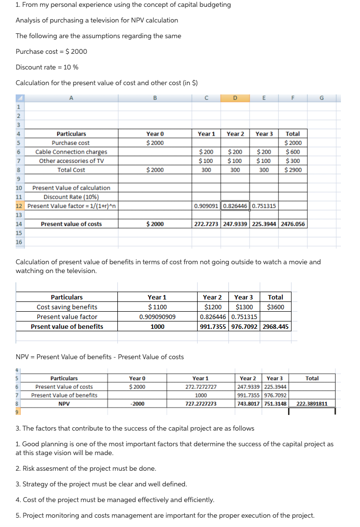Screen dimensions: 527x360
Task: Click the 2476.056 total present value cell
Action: point(293,224)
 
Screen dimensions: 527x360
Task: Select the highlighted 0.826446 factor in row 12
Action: point(235,206)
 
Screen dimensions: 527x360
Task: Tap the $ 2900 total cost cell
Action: point(293,170)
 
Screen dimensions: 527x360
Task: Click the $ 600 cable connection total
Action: point(293,152)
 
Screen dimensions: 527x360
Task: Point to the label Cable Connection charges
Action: point(71,152)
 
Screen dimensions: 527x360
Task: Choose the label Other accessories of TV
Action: point(71,161)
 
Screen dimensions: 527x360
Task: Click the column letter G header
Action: point(321,97)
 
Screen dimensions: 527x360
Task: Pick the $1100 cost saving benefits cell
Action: point(157,307)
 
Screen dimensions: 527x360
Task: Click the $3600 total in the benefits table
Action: point(276,307)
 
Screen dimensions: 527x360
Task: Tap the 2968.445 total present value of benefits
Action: point(276,326)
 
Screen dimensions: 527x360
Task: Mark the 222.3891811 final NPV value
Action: point(312,404)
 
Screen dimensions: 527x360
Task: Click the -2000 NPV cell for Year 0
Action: point(137,404)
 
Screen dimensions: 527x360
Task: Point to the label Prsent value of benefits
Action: point(67,326)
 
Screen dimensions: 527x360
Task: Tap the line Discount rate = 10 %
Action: point(47,67)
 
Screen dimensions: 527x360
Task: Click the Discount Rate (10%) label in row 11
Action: point(71,197)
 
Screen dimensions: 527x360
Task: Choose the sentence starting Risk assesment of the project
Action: point(86,468)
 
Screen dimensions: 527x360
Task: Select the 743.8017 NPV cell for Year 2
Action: point(248,404)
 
